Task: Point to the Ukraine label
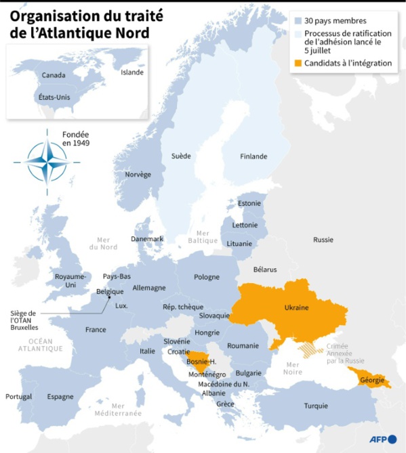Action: tap(296, 307)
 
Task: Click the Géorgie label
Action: tap(375, 381)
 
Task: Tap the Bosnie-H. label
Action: tap(201, 362)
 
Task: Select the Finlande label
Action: tap(253, 156)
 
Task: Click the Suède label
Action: tap(181, 156)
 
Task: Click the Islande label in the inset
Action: tap(132, 72)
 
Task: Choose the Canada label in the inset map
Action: tap(54, 75)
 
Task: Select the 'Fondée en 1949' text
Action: tap(76, 139)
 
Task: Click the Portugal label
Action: tap(18, 396)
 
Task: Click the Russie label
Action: tap(323, 240)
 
